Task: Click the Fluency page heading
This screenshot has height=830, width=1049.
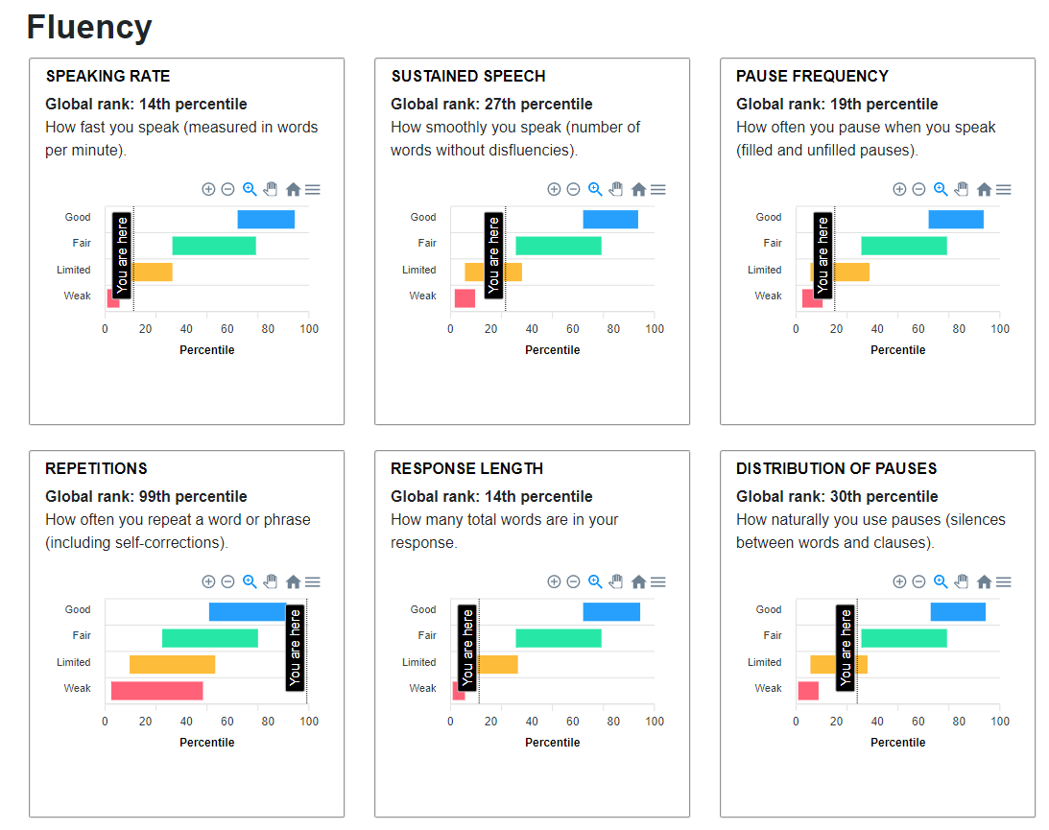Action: (x=89, y=27)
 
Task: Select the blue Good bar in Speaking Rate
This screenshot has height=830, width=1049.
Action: (x=266, y=219)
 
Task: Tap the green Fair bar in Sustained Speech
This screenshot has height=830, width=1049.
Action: (x=559, y=246)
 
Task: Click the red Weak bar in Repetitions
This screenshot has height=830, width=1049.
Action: (x=156, y=691)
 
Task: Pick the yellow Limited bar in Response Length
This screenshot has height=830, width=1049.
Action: (x=498, y=664)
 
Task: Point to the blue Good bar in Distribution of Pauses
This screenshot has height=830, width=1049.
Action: (x=958, y=611)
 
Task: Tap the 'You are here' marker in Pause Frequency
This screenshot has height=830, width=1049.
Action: (x=823, y=255)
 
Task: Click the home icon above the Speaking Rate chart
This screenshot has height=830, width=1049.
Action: (x=293, y=190)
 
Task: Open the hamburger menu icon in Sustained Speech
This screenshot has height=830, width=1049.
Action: (x=657, y=190)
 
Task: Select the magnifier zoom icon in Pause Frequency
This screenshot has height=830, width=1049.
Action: (x=941, y=189)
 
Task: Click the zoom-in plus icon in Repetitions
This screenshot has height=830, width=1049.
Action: (x=208, y=581)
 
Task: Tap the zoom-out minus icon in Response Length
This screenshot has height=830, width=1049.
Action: (x=573, y=581)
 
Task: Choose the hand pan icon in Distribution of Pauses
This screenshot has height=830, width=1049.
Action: (x=962, y=581)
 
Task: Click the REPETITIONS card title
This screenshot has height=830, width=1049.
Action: (x=96, y=468)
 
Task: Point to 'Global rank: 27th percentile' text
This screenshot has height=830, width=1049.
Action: (x=491, y=104)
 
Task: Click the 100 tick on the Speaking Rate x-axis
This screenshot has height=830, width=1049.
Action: (x=308, y=329)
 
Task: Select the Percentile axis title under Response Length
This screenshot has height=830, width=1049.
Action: (x=553, y=742)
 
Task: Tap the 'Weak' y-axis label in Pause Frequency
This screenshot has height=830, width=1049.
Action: (x=768, y=296)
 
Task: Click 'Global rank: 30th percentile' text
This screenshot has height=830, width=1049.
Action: (x=837, y=496)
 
